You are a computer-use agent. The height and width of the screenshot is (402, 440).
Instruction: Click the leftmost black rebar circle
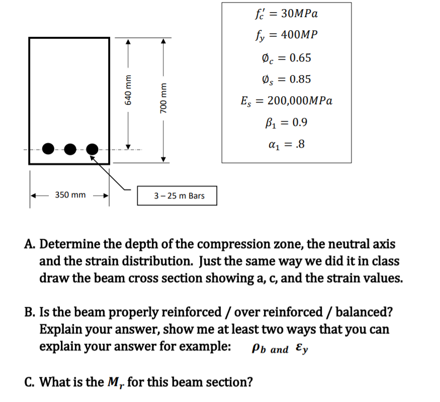49,149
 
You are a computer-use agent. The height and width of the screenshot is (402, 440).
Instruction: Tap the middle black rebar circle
70,149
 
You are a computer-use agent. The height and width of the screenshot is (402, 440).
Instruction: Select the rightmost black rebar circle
92,149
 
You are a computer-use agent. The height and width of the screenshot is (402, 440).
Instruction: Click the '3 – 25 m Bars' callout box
177,195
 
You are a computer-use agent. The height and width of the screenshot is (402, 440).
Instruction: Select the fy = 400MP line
286,35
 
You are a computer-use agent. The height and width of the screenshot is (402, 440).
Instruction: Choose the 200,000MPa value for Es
300,101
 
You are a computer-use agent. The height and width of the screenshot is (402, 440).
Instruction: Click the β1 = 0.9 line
286,122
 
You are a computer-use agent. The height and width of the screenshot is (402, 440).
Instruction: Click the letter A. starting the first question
30,244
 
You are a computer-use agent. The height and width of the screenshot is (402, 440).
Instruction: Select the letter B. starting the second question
30,312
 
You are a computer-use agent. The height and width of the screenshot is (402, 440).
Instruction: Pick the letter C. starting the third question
30,382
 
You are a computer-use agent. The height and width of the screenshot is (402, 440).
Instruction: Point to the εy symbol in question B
302,349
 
